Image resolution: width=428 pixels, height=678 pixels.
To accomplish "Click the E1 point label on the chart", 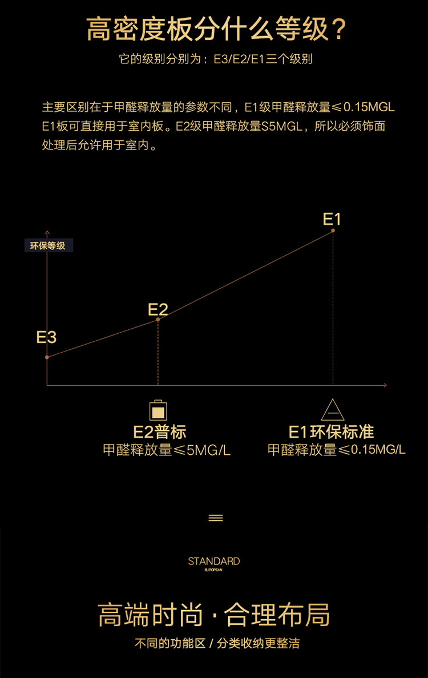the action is point(332,219).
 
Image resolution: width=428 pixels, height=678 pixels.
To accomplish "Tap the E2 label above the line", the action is point(158,309).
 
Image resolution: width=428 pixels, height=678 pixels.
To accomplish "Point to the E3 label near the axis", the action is point(46,337).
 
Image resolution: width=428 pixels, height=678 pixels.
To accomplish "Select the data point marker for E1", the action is point(333,231).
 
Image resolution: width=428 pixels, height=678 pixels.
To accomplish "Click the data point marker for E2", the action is point(158,319).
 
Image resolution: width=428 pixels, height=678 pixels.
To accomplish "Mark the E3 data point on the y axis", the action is point(47,357).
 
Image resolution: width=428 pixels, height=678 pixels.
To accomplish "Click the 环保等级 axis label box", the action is point(48,246).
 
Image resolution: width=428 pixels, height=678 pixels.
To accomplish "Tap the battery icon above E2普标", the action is point(159,410).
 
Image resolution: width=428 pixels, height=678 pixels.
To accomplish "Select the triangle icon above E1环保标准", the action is point(333,410).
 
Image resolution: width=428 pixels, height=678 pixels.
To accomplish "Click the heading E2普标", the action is point(160,431).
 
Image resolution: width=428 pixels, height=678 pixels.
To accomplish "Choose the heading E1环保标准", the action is point(332,431).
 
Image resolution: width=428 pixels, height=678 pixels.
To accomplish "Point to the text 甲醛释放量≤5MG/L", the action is point(167,450).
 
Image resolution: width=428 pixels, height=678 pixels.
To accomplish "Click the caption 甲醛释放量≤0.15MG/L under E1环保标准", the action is point(337,450).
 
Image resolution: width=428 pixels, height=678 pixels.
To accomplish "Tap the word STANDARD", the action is point(214,561).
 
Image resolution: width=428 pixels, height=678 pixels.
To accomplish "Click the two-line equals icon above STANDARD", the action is point(216,518).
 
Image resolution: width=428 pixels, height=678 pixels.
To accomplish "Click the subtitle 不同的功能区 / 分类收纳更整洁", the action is point(217,644).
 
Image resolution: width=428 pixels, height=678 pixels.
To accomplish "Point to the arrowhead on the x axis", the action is point(385,385).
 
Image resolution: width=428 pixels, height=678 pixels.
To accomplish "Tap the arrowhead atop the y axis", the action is point(47,232).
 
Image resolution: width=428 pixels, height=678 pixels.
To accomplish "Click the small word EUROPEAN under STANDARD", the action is point(213,570).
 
